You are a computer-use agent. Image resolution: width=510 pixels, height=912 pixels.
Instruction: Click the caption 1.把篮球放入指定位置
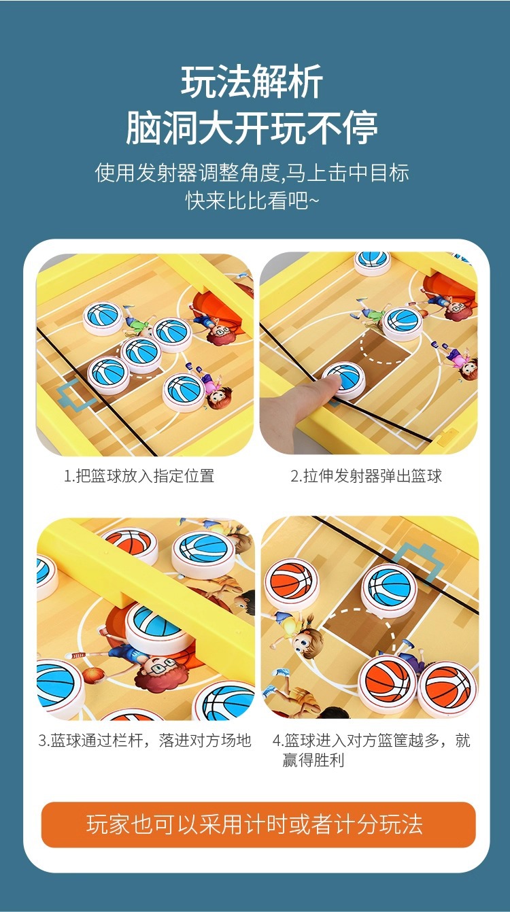[139, 476]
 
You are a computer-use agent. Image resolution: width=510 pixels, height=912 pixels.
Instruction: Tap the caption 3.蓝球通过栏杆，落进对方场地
[144, 741]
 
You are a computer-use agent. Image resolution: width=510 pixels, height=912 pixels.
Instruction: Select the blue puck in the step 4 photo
[389, 588]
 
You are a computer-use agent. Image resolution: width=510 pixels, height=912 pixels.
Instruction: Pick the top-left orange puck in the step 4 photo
[292, 583]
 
